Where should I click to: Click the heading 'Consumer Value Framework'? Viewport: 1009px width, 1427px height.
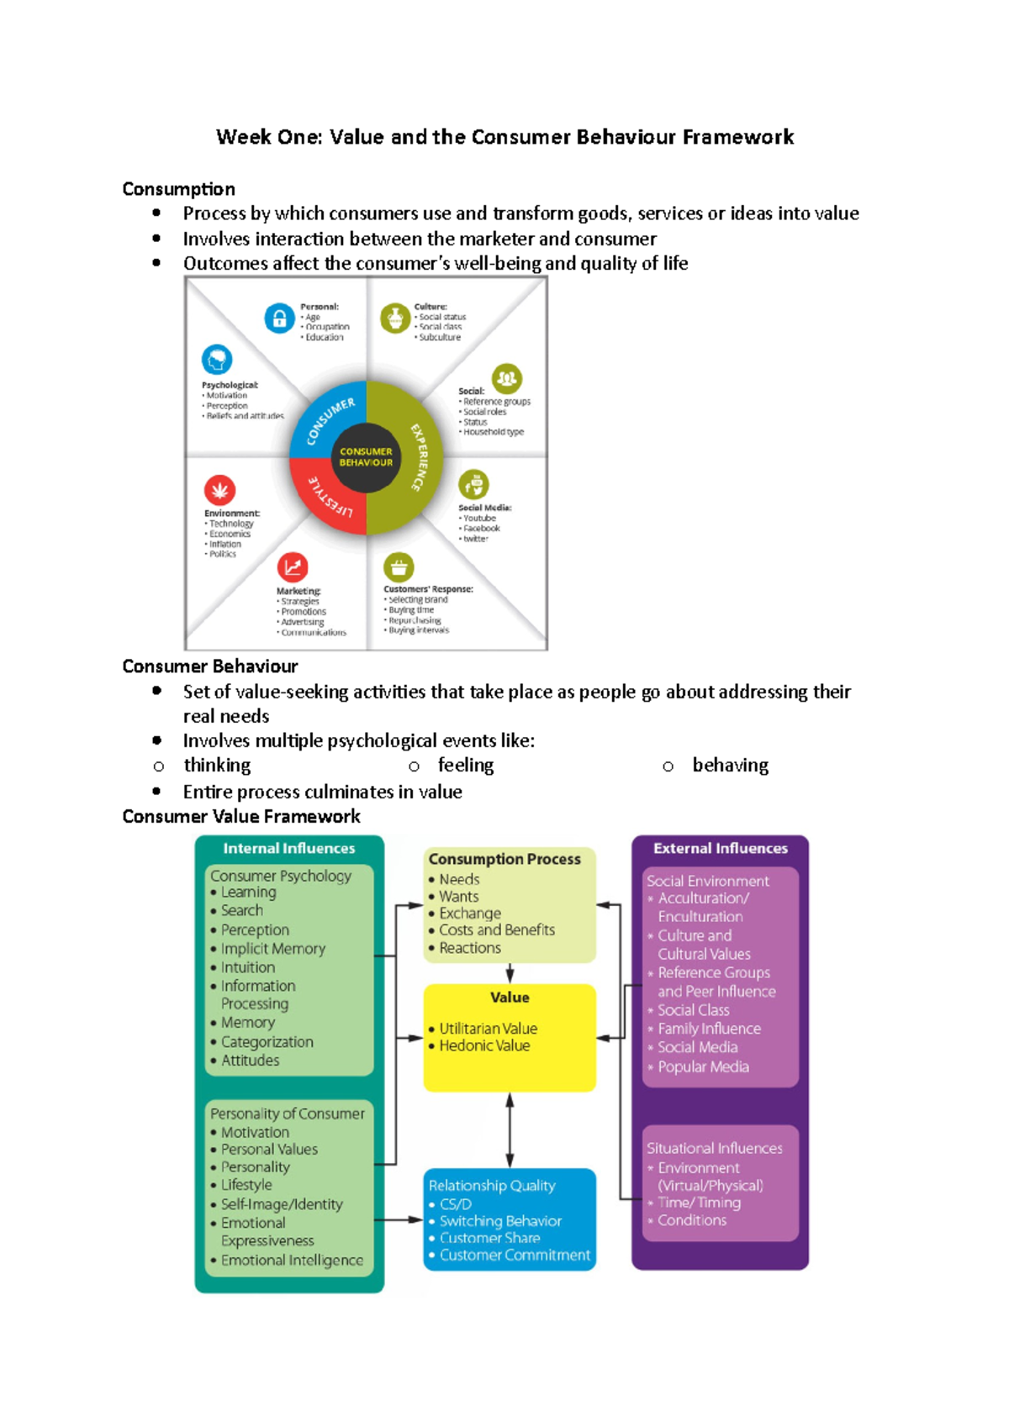tap(241, 816)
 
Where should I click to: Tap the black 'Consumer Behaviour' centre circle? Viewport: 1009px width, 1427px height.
tap(366, 457)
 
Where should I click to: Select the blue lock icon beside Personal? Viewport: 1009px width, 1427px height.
tap(279, 319)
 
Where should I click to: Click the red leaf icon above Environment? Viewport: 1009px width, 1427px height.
tap(219, 489)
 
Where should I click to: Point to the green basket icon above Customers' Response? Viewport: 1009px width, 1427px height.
tap(399, 567)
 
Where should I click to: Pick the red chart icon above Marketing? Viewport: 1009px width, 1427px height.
tap(293, 567)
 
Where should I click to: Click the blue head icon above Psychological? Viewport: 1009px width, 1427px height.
tap(217, 360)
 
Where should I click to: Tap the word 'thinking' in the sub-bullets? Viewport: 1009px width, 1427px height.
tap(217, 765)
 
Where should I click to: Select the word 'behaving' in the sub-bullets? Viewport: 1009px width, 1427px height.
tap(730, 765)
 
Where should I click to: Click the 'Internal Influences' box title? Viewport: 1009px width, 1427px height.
tap(288, 848)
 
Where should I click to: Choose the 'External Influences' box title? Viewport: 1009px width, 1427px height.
tap(720, 848)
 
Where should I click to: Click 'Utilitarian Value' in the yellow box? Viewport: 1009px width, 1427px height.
tap(488, 1029)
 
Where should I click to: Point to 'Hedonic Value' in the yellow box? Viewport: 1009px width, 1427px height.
tap(484, 1045)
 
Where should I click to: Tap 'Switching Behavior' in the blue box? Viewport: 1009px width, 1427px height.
tap(500, 1221)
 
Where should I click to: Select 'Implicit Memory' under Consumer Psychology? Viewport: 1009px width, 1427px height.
tap(272, 949)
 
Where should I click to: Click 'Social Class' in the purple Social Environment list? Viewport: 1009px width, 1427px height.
tap(693, 1010)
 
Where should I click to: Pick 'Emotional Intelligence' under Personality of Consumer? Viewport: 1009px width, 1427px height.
tap(292, 1261)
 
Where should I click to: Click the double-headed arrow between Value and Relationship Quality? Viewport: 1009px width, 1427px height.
tap(510, 1130)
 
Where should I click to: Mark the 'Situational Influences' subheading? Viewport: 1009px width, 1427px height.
tap(714, 1148)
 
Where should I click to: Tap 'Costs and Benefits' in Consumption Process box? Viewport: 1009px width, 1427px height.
tap(497, 930)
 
